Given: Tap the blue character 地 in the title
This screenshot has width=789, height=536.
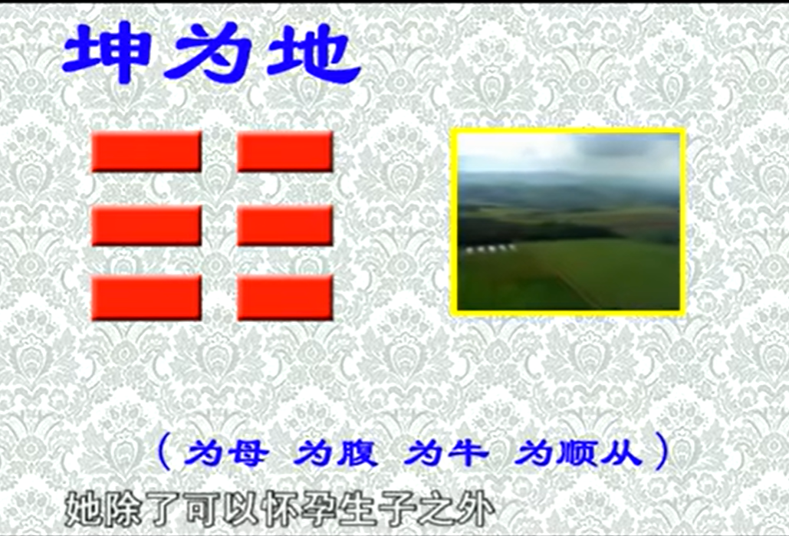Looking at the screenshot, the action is [x=313, y=54].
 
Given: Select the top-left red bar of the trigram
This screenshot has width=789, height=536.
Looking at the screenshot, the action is [x=146, y=152].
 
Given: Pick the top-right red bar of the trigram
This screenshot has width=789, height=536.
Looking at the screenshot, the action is [x=284, y=152].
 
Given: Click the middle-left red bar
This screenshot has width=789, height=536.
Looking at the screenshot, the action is [x=146, y=225].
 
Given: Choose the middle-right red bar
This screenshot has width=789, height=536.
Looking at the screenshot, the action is [x=284, y=225].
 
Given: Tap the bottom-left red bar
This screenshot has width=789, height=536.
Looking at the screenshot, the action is [x=146, y=298].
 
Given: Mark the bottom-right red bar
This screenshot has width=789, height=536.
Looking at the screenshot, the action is [x=284, y=298].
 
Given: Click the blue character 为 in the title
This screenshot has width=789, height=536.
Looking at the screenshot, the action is [x=209, y=53].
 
